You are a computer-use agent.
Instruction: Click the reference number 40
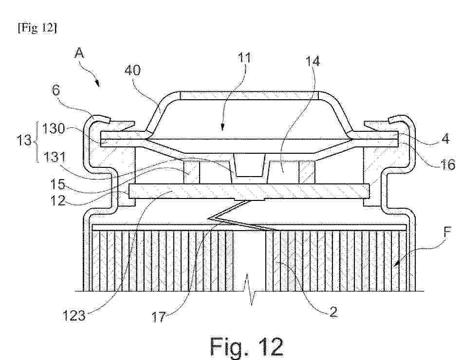point(132,71)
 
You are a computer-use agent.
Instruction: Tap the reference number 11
point(244,58)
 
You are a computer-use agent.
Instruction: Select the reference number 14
point(313,61)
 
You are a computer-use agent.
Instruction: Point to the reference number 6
point(56,90)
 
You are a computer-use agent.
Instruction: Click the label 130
point(54,128)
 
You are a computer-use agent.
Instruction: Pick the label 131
point(55,158)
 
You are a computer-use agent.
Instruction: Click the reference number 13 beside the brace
point(24,141)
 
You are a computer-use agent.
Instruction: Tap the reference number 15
point(57,184)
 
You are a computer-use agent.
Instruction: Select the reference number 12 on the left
point(57,200)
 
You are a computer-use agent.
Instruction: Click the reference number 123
point(74,316)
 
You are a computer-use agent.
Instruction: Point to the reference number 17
point(159,317)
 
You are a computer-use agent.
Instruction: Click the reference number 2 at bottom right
point(333,312)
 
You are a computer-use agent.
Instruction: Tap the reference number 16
point(447,164)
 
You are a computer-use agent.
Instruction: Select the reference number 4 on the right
point(445,138)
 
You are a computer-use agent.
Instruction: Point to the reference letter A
point(79,53)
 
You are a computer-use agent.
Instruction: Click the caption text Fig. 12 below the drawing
point(247,347)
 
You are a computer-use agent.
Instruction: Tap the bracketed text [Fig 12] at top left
point(37,28)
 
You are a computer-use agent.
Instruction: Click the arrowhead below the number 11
point(222,128)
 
